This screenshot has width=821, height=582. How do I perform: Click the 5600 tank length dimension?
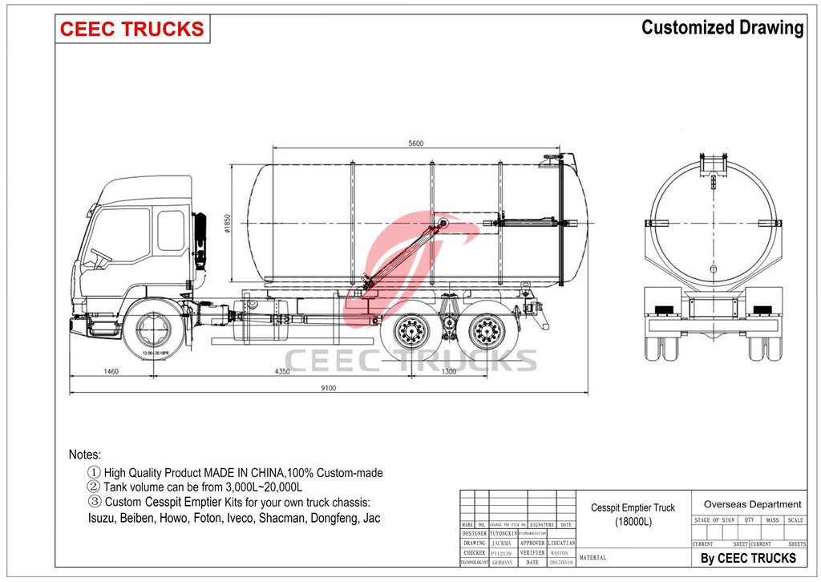(x=415, y=143)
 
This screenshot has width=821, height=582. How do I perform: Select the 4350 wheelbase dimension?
(x=283, y=371)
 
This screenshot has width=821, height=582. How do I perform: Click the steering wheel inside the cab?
(x=101, y=258)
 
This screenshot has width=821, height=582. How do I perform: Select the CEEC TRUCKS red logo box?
(x=132, y=30)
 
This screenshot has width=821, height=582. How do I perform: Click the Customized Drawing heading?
(x=722, y=28)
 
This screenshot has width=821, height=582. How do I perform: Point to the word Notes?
(x=85, y=455)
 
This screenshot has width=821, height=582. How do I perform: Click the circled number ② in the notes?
(x=93, y=487)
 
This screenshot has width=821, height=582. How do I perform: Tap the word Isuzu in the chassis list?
(x=102, y=518)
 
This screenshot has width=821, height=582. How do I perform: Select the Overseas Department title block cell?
(x=752, y=504)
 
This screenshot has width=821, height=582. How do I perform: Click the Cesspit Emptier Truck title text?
(x=633, y=507)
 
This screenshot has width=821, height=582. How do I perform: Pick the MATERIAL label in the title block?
(x=592, y=557)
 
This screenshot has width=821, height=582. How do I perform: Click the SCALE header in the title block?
(x=795, y=520)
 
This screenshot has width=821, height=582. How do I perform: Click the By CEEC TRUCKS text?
(x=748, y=558)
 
